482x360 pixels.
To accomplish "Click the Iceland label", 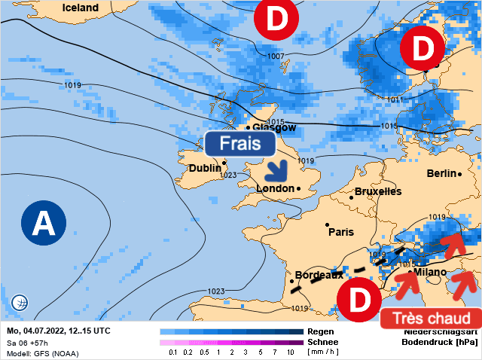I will (x=80, y=8).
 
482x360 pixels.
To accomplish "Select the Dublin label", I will (x=204, y=169).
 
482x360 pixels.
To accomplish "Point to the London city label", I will (x=276, y=188).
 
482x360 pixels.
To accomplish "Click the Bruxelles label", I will (x=377, y=191).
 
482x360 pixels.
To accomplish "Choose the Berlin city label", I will (x=441, y=173).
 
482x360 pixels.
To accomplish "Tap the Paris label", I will (x=340, y=232).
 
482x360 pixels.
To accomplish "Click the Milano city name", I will (x=429, y=272).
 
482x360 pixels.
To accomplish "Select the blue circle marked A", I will (x=44, y=223).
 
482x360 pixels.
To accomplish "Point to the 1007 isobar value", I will (x=276, y=56).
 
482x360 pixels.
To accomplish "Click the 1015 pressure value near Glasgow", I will (x=276, y=121).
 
